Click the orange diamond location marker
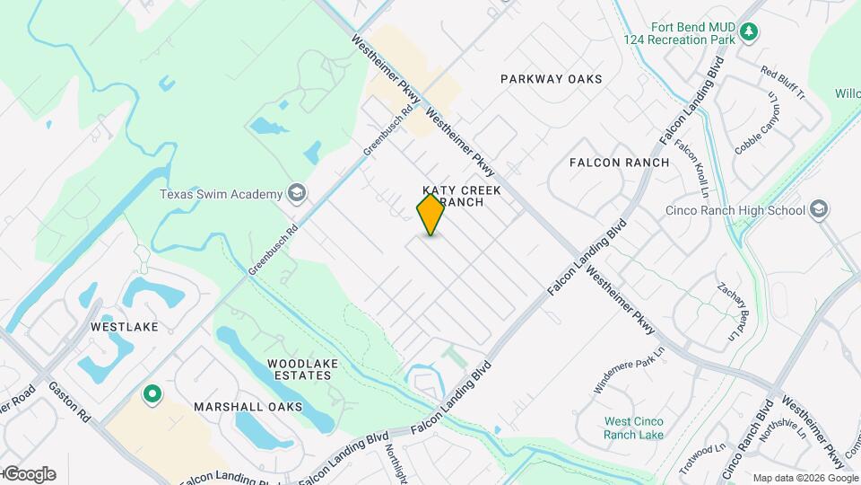click(x=430, y=215)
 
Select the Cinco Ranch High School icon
click(x=818, y=210)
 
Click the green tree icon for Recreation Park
click(x=750, y=33)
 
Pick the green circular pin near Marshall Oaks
click(x=152, y=392)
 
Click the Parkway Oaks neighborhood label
click(x=551, y=79)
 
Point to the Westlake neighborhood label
click(x=124, y=327)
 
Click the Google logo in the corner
click(x=29, y=474)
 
